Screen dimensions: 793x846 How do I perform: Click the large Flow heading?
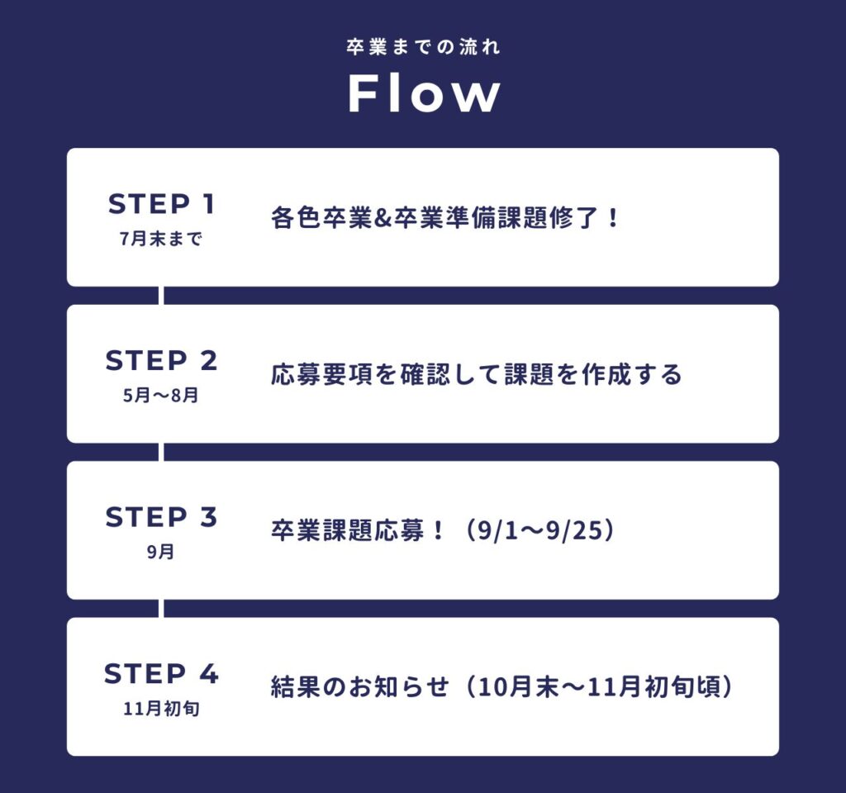(x=424, y=93)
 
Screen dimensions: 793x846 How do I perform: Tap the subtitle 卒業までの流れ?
(x=423, y=46)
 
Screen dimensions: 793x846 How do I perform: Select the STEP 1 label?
(x=161, y=204)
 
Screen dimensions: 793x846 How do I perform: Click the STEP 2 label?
(x=161, y=361)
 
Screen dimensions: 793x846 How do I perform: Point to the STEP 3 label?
(x=161, y=517)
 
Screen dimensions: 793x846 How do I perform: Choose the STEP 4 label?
(x=161, y=674)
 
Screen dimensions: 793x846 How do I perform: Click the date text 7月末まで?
(x=161, y=240)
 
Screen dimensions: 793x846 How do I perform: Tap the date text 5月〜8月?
(x=161, y=396)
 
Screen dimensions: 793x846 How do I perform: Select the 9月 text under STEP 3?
(x=161, y=553)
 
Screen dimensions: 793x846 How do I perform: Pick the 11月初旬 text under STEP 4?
(x=161, y=709)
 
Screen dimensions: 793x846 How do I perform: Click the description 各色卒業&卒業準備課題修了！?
(x=444, y=220)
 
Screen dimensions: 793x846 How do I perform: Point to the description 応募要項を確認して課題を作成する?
(x=477, y=376)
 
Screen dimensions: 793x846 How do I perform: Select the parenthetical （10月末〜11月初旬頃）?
(x=595, y=688)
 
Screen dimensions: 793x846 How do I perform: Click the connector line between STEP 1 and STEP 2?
(x=161, y=296)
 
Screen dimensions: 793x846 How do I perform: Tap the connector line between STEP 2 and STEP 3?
(x=161, y=452)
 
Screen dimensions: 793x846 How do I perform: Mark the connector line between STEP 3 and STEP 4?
(x=161, y=609)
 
